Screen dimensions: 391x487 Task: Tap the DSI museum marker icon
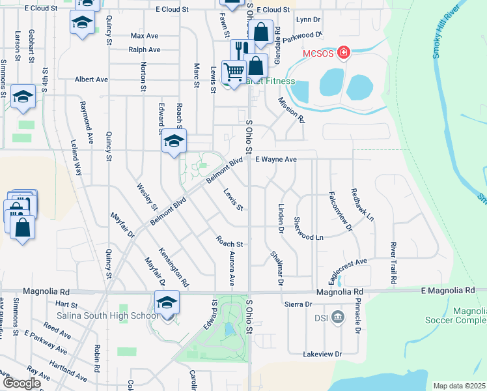(337, 317)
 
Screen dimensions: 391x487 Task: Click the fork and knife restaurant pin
(240, 50)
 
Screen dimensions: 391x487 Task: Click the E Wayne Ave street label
(275, 159)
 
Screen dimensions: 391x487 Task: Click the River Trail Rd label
(393, 263)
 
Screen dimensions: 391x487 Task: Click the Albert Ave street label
(91, 79)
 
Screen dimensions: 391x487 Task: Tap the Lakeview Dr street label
(322, 354)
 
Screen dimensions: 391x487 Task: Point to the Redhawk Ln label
(363, 203)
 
